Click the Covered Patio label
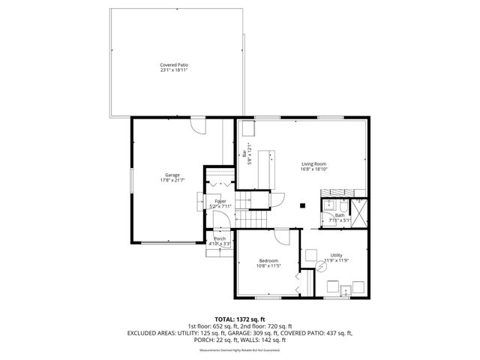click(173, 65)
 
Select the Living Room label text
click(313, 164)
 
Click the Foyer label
click(220, 202)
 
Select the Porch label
click(220, 239)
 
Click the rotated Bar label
click(245, 154)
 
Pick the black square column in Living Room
click(301, 204)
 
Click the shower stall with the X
click(361, 213)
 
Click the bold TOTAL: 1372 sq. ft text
click(240, 319)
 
